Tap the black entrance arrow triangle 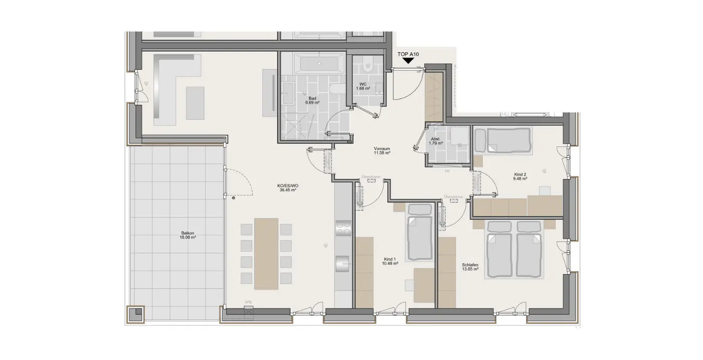coord(408,61)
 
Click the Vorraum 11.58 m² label coord(382,151)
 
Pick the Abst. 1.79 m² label coord(435,140)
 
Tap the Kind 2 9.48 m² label coord(520,175)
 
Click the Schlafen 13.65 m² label coord(470,266)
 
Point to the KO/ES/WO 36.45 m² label coord(287,188)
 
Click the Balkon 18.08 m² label coord(188,235)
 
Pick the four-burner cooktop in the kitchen coord(344,229)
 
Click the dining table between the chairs coord(266,253)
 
